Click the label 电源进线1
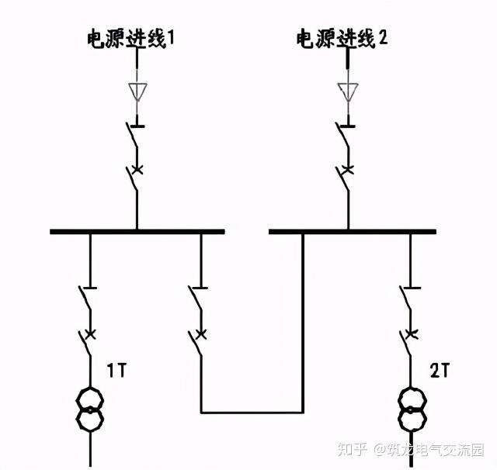[130, 38]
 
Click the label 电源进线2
[342, 38]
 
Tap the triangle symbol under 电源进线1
[137, 92]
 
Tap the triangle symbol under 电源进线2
[348, 92]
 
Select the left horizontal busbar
[137, 230]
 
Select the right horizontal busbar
[352, 230]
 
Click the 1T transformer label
[116, 372]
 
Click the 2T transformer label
[440, 372]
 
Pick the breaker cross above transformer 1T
[90, 334]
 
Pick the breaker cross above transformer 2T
[412, 334]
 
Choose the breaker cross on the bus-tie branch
[201, 334]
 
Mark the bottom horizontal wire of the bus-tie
[252, 412]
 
